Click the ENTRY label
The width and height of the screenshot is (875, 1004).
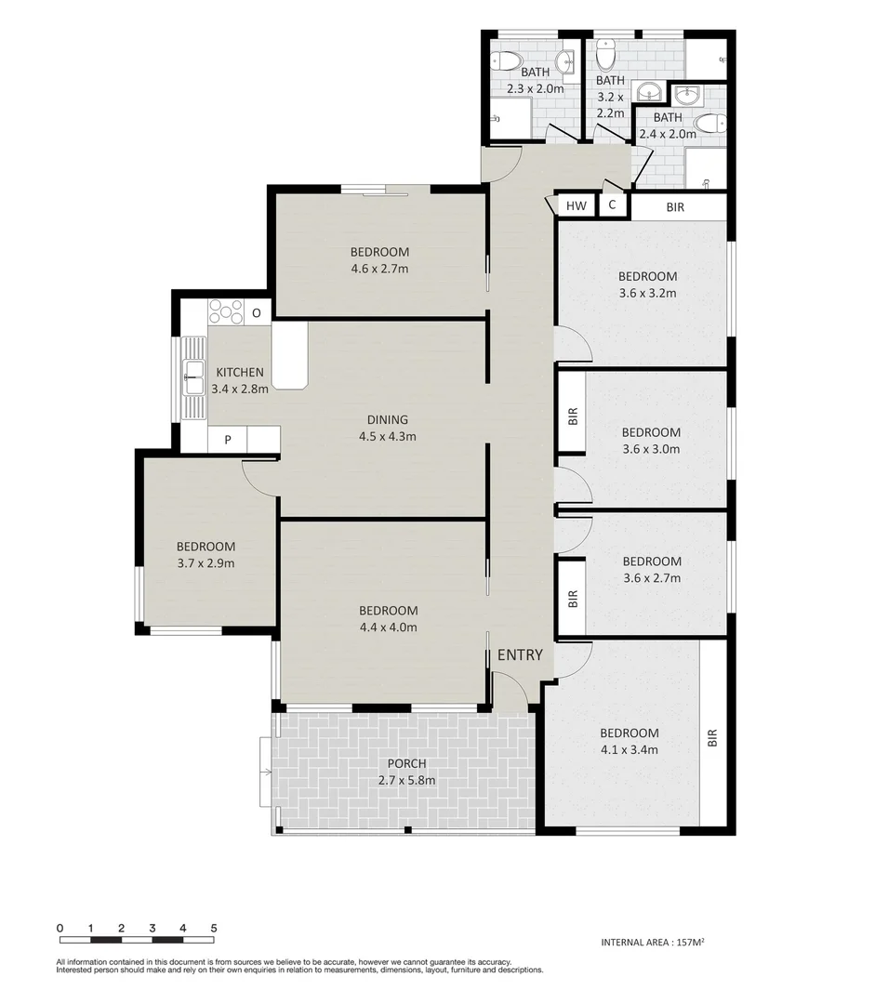pyautogui.click(x=519, y=655)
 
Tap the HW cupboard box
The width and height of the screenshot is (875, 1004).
pyautogui.click(x=577, y=206)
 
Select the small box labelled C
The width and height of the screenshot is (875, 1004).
pyautogui.click(x=612, y=205)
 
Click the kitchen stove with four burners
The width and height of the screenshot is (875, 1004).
pyautogui.click(x=226, y=310)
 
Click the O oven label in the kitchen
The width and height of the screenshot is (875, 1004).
pyautogui.click(x=257, y=313)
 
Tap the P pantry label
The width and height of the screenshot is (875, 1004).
pyautogui.click(x=227, y=440)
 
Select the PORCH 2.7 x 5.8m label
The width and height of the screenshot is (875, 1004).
pyautogui.click(x=403, y=772)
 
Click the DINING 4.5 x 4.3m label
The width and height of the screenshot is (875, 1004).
pyautogui.click(x=387, y=428)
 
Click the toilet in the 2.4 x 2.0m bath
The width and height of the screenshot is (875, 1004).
pyautogui.click(x=711, y=124)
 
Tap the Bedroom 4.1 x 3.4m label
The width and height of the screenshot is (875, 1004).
pyautogui.click(x=629, y=741)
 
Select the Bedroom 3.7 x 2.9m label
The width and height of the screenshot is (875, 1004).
pyautogui.click(x=205, y=555)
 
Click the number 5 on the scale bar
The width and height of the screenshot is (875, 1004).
pyautogui.click(x=214, y=928)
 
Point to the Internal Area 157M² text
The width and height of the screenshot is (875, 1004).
pyautogui.click(x=653, y=942)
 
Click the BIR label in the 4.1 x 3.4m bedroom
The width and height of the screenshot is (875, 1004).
pyautogui.click(x=713, y=737)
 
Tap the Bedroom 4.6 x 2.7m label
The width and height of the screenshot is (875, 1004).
pyautogui.click(x=379, y=260)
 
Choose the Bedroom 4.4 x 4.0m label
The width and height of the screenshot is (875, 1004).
pyautogui.click(x=388, y=618)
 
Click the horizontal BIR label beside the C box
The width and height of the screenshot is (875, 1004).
pyautogui.click(x=675, y=207)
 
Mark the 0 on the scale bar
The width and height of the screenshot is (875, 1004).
pyautogui.click(x=60, y=928)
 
